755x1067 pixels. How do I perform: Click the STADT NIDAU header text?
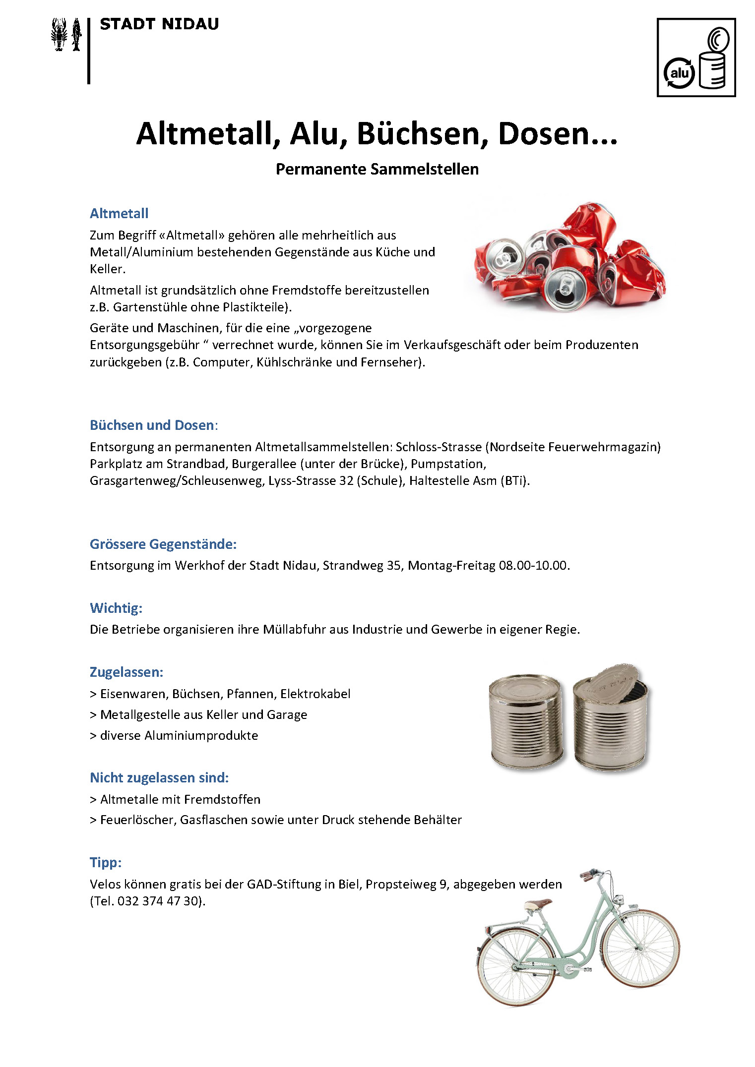(x=159, y=24)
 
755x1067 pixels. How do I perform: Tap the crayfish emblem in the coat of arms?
(x=60, y=34)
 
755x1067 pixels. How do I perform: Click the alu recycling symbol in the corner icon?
(x=679, y=73)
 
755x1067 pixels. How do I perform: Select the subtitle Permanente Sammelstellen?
(x=377, y=169)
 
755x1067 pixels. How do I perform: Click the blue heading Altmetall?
(x=119, y=214)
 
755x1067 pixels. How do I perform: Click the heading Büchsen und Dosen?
(x=152, y=425)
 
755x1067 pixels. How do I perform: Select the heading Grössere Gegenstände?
(x=163, y=544)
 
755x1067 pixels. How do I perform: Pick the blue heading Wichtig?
(x=116, y=608)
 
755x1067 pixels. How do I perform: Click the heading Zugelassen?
(x=126, y=672)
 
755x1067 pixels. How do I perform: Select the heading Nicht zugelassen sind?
(x=159, y=778)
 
